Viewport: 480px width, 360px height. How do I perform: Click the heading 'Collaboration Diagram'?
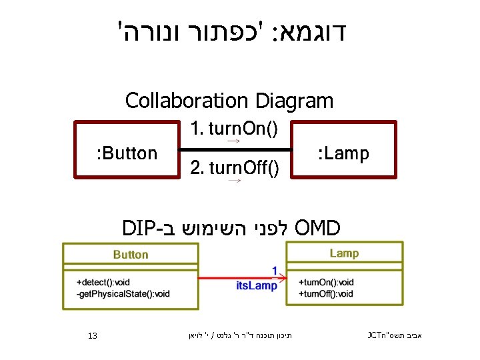(x=229, y=101)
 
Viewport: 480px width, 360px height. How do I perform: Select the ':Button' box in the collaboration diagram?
(x=126, y=154)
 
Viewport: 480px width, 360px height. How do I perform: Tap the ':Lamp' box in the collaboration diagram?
(x=344, y=154)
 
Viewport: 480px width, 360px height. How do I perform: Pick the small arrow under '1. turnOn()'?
(x=233, y=142)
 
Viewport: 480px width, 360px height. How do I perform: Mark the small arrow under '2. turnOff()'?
(x=233, y=181)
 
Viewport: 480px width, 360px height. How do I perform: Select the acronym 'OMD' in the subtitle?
(x=317, y=227)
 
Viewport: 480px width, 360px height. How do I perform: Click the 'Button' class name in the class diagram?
(x=131, y=255)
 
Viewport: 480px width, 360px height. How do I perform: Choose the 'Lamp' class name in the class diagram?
(x=344, y=253)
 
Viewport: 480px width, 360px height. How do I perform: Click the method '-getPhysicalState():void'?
(x=123, y=293)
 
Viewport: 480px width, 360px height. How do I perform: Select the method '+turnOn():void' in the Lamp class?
(x=327, y=282)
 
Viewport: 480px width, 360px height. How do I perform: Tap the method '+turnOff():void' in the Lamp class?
(x=327, y=293)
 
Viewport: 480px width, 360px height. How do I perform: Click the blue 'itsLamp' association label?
(x=257, y=286)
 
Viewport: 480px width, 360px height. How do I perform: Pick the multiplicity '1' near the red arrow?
(x=275, y=269)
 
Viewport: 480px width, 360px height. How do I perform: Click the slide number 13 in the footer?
(x=93, y=335)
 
